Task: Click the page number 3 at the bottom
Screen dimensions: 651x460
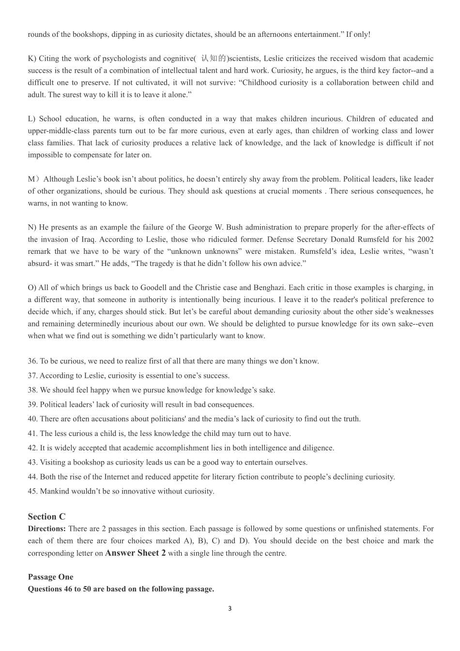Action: [x=230, y=608]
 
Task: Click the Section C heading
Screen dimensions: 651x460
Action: [x=46, y=517]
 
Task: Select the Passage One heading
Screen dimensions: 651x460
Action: [x=50, y=577]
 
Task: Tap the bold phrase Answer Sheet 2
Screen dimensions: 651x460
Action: [x=135, y=553]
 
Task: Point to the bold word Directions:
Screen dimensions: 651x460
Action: [x=46, y=529]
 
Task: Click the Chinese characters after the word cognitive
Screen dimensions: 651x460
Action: [x=214, y=59]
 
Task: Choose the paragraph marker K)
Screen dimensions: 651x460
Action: [x=32, y=59]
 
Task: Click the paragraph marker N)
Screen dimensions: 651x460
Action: [x=32, y=227]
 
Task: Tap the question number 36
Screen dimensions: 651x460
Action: [x=32, y=361]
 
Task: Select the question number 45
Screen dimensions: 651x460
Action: [x=32, y=491]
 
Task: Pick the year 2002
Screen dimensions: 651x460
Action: [x=424, y=239]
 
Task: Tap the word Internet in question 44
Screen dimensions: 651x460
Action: [x=104, y=477]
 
